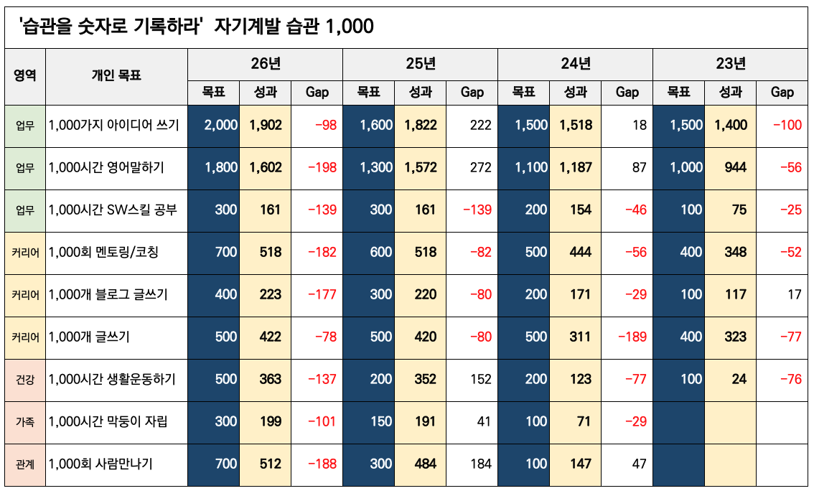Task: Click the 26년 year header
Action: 265,64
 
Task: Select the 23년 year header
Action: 730,64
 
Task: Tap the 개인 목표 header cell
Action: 116,75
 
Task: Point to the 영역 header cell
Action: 24,75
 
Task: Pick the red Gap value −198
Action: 322,167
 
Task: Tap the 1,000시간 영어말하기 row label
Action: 106,167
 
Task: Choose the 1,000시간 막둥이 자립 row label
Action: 108,421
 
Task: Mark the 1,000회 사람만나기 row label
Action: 100,464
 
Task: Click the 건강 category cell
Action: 24,379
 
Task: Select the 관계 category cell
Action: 24,464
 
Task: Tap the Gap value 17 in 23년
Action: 794,294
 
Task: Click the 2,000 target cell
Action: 220,125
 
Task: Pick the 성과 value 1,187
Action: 576,167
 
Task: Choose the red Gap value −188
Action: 322,464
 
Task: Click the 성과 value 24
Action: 739,379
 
